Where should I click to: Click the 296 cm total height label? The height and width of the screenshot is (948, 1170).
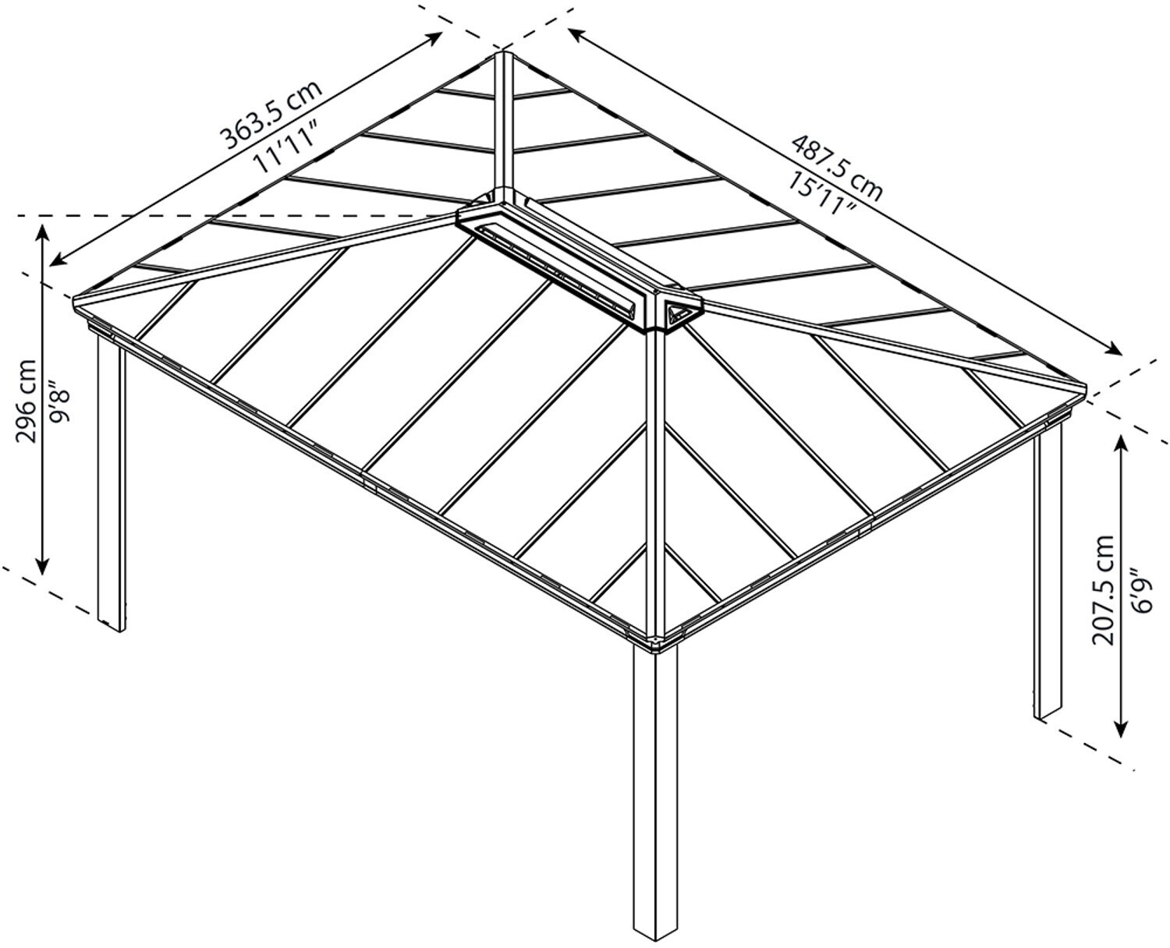coord(27,399)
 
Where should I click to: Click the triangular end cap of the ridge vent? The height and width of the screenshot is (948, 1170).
coord(681,314)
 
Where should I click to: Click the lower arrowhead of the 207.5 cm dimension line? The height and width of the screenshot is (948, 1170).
coord(1121,729)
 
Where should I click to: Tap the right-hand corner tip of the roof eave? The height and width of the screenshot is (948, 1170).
coord(1085,387)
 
